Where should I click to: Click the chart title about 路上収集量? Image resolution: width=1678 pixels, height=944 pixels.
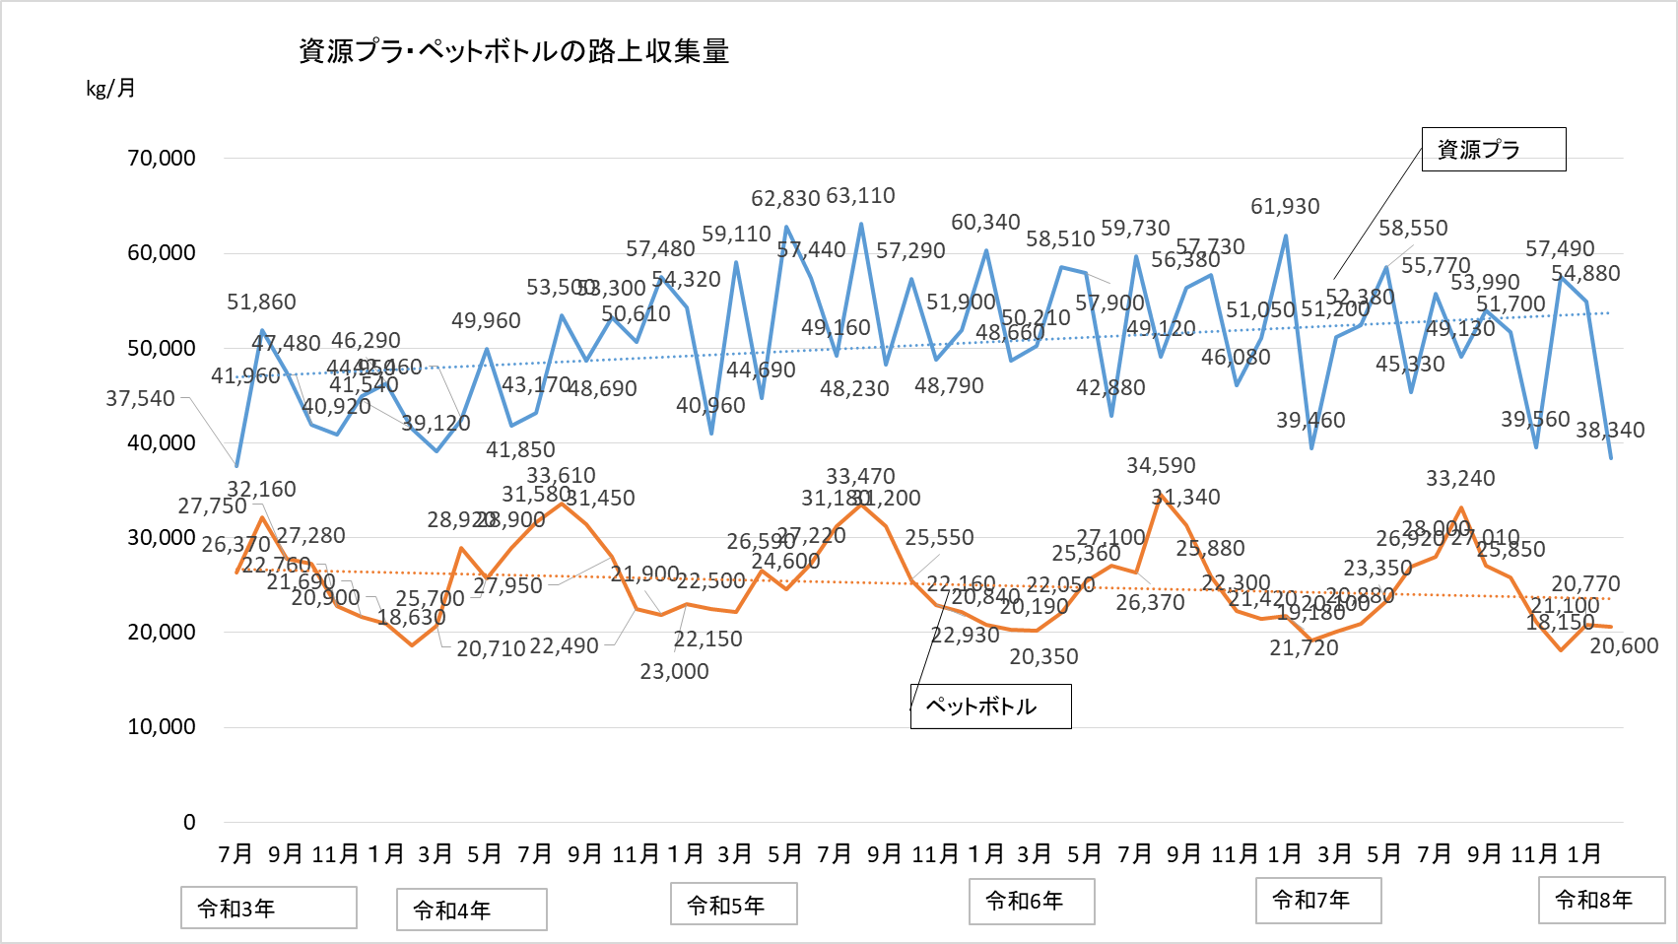pos(513,51)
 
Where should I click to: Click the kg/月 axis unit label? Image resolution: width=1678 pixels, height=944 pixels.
pos(110,89)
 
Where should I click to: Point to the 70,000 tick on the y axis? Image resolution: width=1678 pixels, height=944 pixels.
pos(162,158)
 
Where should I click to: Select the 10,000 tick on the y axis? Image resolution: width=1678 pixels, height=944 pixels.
pos(162,727)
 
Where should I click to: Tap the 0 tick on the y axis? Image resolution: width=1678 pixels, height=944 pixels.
pos(189,822)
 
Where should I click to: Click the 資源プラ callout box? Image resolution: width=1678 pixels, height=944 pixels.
pos(1493,150)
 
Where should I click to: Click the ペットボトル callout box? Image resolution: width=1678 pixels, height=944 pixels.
pos(990,707)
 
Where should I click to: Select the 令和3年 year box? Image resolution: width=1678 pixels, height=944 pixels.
pos(268,908)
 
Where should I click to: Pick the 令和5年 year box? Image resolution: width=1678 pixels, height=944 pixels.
pos(733,905)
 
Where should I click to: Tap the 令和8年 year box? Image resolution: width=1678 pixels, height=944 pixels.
pos(1601,901)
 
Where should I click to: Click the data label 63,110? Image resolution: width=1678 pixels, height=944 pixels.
pos(860,196)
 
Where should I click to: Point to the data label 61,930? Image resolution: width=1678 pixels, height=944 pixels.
pos(1285,207)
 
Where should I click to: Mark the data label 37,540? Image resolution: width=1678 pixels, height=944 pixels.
pos(140,399)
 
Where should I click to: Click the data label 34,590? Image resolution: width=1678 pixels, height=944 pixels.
pos(1161,466)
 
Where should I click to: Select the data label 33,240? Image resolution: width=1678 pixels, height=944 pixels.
pos(1460,479)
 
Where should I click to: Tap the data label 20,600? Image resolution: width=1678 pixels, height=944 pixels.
pos(1624,646)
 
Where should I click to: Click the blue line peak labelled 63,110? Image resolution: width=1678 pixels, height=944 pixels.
pos(861,224)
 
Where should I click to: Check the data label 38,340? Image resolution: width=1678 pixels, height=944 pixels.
pos(1610,431)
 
